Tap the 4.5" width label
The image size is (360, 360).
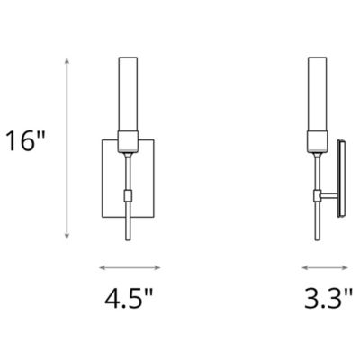click(x=130, y=297)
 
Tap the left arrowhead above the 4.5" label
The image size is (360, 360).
click(x=100, y=267)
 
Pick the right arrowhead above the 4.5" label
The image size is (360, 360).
click(x=159, y=267)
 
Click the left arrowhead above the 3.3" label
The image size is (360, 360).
click(x=304, y=267)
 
